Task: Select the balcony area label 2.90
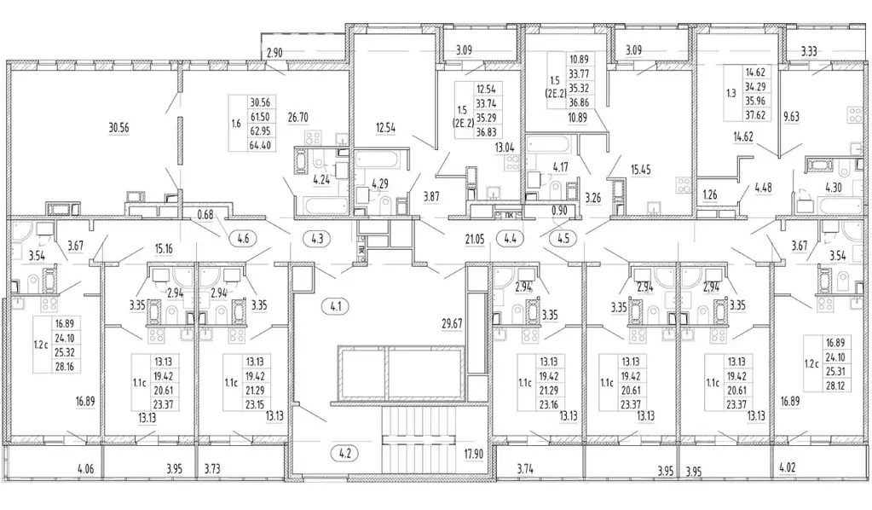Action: click(274, 55)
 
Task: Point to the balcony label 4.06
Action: click(86, 467)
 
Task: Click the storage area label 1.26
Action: click(709, 195)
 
